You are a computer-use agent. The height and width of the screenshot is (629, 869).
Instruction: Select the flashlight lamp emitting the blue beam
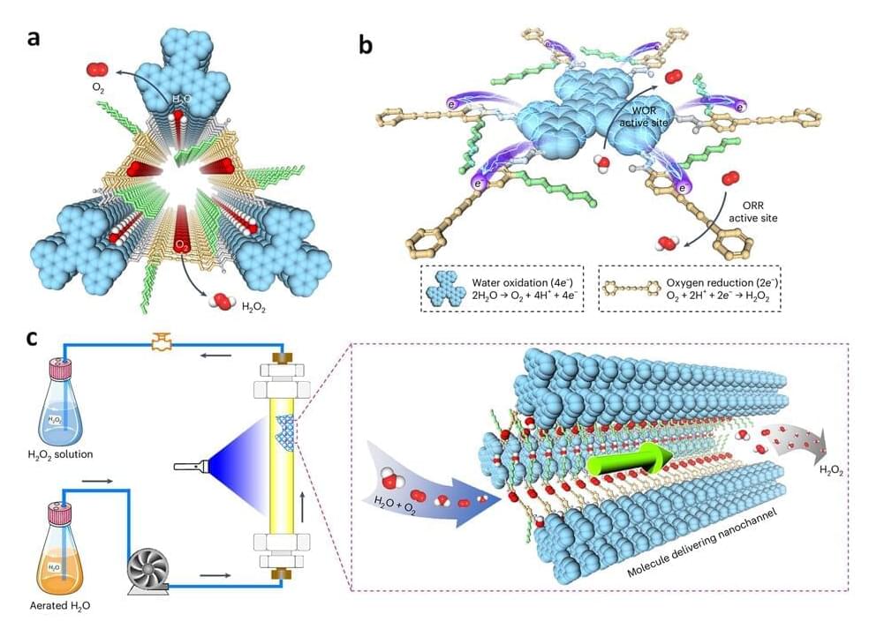[191, 466]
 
